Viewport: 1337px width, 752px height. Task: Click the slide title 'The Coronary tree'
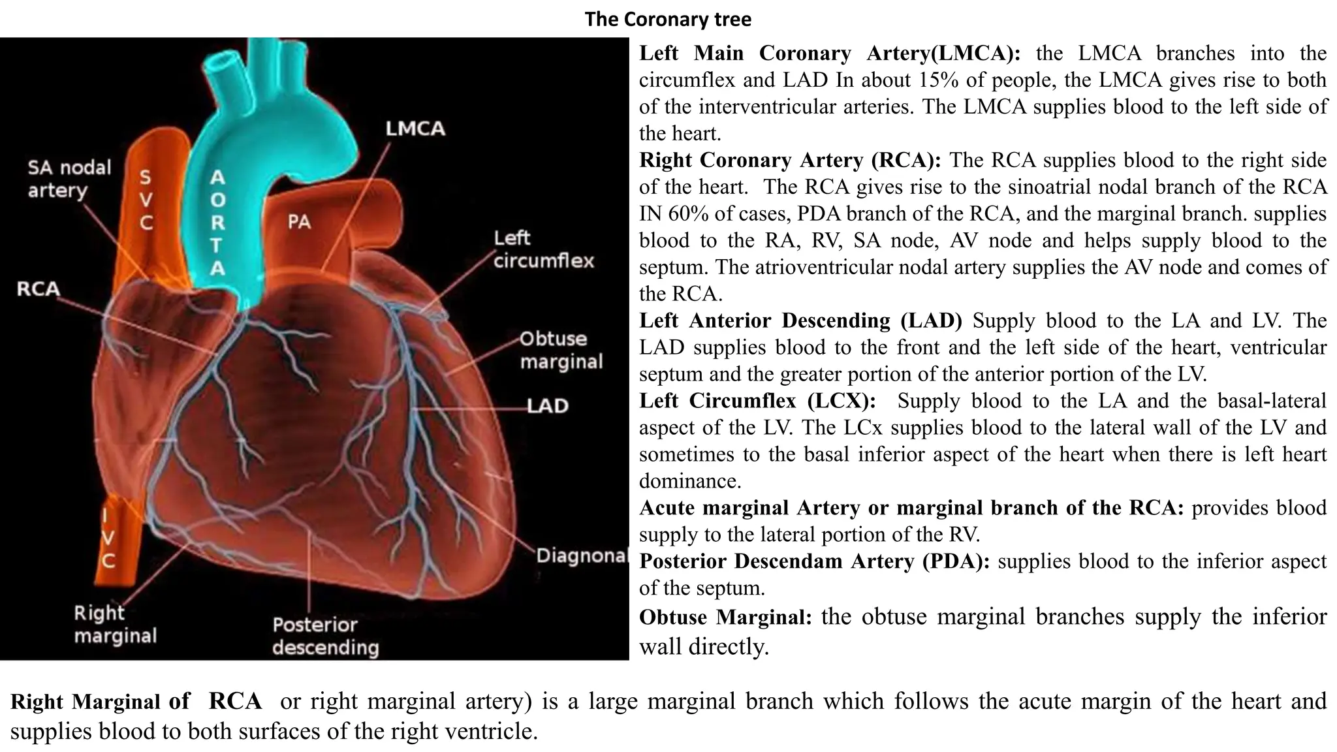click(668, 20)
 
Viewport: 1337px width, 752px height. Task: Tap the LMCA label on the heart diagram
click(415, 129)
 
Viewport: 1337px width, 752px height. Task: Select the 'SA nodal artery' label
click(69, 179)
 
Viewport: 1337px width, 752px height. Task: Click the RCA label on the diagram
click(38, 289)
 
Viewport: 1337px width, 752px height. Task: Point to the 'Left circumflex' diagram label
click(543, 249)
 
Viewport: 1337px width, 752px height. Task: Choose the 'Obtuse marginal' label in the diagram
click(561, 350)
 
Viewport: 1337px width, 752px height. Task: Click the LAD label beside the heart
click(548, 406)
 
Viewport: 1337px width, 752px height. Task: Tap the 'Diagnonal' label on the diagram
click(582, 556)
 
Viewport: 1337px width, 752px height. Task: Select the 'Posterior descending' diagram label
click(325, 636)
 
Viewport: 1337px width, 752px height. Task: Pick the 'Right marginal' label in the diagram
click(115, 624)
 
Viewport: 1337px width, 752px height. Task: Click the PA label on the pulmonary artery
click(299, 222)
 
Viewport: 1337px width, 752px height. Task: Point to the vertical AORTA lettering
click(217, 222)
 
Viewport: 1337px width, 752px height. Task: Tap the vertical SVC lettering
click(146, 200)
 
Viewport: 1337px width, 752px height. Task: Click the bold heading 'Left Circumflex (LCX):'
click(757, 401)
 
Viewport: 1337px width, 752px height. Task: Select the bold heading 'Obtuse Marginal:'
click(725, 617)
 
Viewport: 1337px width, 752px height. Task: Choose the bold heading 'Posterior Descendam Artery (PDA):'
click(813, 561)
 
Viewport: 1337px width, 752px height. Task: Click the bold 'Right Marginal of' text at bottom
click(100, 702)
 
